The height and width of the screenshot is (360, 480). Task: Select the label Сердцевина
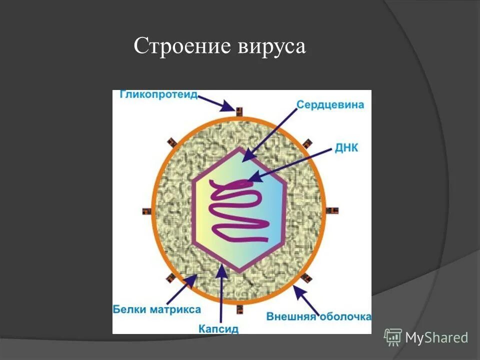(330, 105)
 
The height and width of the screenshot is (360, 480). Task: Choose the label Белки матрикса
(156, 309)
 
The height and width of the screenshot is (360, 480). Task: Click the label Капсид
(218, 328)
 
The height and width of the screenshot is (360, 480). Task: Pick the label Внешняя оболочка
(318, 317)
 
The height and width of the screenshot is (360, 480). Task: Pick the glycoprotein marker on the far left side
(147, 211)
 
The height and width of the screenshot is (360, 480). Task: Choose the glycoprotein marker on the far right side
(333, 210)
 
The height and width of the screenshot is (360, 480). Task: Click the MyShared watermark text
(436, 337)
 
